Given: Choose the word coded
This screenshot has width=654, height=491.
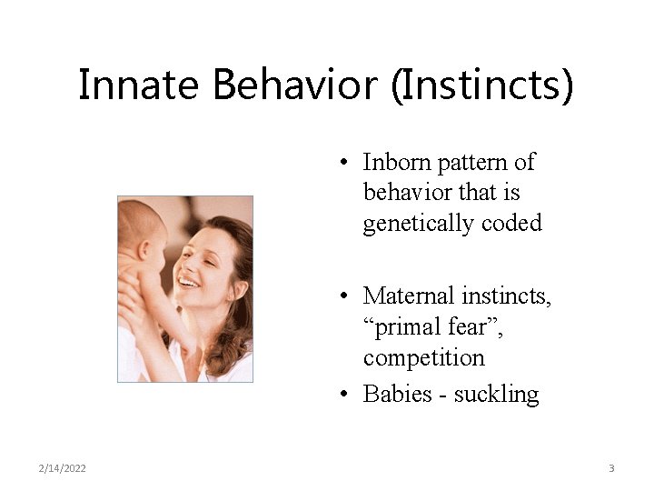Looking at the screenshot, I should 512,223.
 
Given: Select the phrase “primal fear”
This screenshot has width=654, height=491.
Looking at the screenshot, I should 432,326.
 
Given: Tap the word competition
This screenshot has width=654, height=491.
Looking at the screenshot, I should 423,357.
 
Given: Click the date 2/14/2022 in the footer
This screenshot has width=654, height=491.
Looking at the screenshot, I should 63,468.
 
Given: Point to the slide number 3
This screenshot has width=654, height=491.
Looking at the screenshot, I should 611,468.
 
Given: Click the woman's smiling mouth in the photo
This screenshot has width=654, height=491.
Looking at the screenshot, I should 189,283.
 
